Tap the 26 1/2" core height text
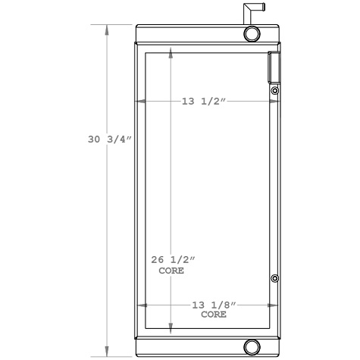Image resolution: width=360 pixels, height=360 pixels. point(171,260)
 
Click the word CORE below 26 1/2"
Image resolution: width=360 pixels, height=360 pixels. point(171,270)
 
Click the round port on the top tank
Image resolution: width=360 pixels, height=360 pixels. point(252,34)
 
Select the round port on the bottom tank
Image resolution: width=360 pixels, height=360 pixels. point(252,347)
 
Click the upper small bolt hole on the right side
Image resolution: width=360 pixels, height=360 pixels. point(274,92)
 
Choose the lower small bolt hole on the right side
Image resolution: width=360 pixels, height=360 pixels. point(274,279)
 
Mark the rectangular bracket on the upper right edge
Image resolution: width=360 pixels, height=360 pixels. point(272,67)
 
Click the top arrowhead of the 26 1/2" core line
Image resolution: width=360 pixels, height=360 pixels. point(171,55)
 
